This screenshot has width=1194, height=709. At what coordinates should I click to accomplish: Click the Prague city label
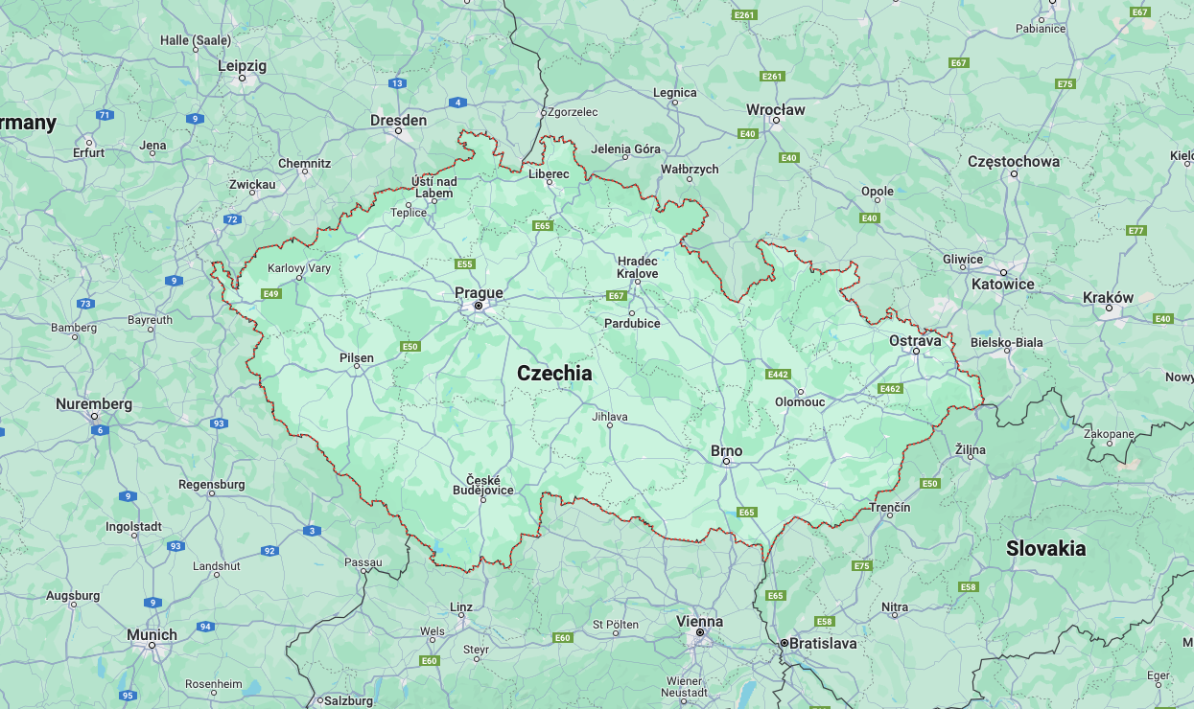[479, 292]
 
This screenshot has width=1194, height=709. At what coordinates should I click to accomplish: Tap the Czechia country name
[554, 374]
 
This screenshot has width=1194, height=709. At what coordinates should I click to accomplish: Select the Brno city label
[726, 450]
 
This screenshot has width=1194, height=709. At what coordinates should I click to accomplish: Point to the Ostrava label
[915, 340]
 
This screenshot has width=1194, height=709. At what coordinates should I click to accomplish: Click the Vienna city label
[699, 621]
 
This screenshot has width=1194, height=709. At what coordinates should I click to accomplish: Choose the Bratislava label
[824, 643]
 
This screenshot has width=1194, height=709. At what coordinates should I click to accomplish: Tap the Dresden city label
[398, 120]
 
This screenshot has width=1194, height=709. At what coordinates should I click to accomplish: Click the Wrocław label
[776, 109]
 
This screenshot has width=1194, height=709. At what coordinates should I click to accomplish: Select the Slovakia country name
[1045, 548]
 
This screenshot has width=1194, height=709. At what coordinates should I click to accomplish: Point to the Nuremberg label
[94, 403]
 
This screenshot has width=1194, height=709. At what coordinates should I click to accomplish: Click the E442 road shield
[778, 374]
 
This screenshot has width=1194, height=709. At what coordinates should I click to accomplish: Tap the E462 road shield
[889, 388]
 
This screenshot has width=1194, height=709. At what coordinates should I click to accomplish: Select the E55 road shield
[465, 263]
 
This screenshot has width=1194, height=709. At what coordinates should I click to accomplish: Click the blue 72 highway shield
[232, 219]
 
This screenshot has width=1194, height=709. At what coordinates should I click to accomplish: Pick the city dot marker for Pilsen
[357, 366]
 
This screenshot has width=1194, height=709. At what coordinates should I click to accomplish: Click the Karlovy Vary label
[298, 268]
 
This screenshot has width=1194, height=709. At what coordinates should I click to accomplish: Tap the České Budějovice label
[483, 485]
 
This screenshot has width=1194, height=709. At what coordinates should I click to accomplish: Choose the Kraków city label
[1108, 297]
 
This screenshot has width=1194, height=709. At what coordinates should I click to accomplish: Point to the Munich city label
[152, 634]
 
